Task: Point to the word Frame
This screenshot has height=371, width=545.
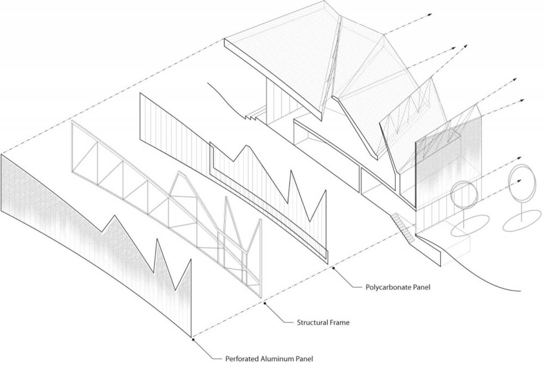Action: (341, 322)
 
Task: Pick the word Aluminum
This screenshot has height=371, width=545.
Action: (277, 359)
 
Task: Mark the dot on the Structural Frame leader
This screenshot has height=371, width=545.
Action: (265, 303)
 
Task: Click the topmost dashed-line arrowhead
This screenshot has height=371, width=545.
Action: (430, 15)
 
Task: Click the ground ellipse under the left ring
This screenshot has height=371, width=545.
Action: (470, 225)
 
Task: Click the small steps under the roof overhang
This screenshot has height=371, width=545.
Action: (256, 114)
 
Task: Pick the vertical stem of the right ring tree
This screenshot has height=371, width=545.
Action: (522, 210)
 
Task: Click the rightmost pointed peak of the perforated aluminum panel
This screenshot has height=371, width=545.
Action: (191, 260)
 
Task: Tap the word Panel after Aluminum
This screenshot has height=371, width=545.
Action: (304, 359)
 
